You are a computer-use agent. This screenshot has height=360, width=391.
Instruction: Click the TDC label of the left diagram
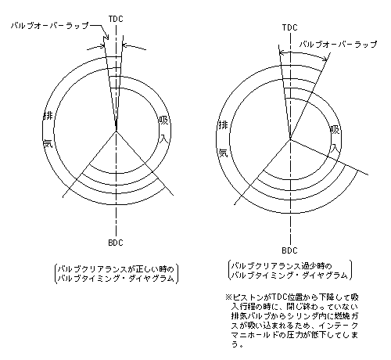point(116,19)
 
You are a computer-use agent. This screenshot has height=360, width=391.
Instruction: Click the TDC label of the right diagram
point(289,27)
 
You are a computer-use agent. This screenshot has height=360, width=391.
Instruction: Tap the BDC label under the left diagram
point(116,243)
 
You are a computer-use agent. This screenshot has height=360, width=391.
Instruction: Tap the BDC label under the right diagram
point(289,250)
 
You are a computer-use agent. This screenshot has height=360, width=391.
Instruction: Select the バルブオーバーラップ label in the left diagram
point(50,26)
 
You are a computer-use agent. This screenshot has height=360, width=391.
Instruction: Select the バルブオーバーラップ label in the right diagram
point(338,45)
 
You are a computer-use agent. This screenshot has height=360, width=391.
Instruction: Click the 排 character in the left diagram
point(48,116)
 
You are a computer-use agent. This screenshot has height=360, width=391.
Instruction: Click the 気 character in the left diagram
point(48,143)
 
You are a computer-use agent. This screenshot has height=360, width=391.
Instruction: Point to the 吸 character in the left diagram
point(163,121)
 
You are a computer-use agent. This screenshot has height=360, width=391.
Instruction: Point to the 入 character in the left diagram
point(164,139)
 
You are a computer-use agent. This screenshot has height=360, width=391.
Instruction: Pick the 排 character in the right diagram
point(223,125)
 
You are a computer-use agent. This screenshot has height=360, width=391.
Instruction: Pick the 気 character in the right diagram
point(224,153)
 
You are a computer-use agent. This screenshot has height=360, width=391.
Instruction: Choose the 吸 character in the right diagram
point(335,130)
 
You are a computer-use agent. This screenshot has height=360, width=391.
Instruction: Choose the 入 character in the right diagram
point(335,148)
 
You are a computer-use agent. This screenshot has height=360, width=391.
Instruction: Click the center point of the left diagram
point(116,131)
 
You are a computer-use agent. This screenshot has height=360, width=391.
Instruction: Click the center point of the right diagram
point(290,139)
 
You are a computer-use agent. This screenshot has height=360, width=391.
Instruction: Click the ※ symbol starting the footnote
point(228,297)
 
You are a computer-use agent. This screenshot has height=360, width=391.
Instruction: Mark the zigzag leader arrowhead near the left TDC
point(106,38)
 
